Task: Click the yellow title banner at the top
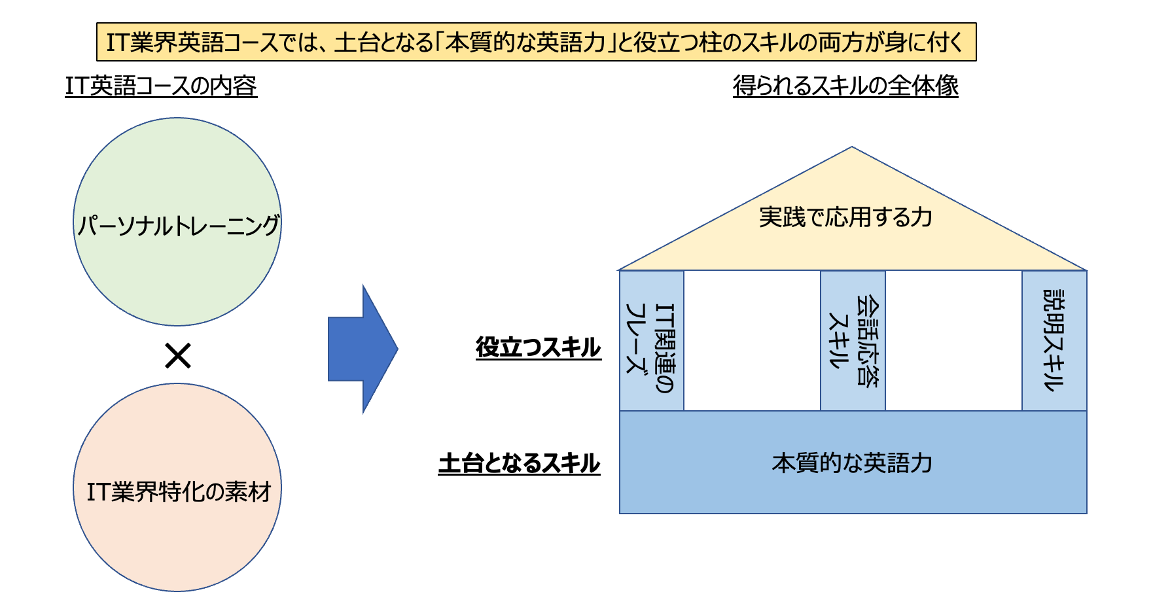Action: click(x=536, y=43)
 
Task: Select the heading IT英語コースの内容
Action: click(x=161, y=86)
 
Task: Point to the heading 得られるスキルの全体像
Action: click(x=845, y=86)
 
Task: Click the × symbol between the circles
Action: click(x=177, y=357)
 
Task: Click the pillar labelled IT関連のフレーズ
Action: click(x=652, y=341)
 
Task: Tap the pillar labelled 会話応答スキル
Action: click(x=853, y=341)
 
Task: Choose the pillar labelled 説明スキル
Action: click(x=1054, y=341)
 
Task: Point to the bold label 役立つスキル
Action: click(x=538, y=347)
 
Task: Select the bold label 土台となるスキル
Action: click(x=519, y=463)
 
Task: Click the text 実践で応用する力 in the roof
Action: click(x=845, y=217)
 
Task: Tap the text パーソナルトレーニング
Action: click(x=178, y=226)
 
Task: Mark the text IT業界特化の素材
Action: click(x=179, y=491)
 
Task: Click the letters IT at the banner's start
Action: click(x=118, y=43)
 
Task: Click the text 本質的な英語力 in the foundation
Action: click(x=852, y=463)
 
